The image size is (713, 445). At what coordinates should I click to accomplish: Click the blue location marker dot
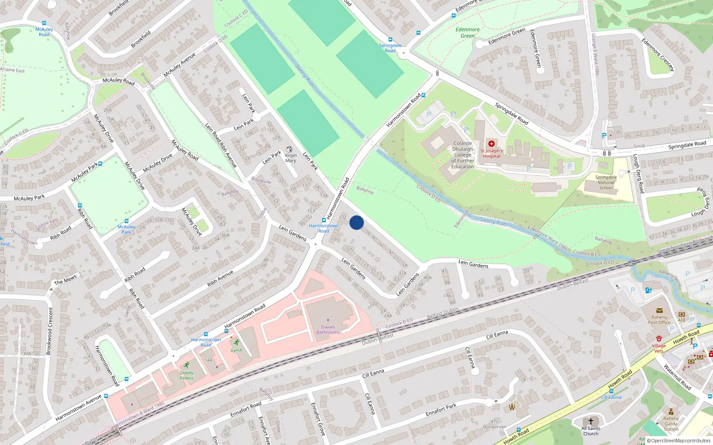tap(356, 223)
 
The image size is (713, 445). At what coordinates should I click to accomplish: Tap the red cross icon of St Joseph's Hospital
tap(492, 144)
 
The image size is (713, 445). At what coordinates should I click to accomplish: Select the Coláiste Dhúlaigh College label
tap(463, 155)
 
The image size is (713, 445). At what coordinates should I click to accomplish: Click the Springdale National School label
tap(606, 182)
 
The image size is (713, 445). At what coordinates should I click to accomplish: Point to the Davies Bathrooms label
tap(328, 330)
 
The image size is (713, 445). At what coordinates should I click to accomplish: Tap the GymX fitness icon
tap(236, 343)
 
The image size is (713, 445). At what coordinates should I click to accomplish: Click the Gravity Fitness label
tap(186, 376)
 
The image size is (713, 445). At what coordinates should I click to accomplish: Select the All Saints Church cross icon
tap(591, 421)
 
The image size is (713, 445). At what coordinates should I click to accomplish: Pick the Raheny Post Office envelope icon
tap(659, 311)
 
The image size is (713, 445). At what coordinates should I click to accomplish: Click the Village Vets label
tap(659, 348)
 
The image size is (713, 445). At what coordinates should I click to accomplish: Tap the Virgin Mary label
tap(291, 158)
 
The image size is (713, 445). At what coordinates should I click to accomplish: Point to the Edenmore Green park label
tap(467, 32)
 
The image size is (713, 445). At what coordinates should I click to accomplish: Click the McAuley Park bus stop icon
tap(127, 221)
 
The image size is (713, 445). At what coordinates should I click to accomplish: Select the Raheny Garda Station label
tap(671, 424)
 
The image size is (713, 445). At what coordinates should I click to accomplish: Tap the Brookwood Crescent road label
tap(50, 331)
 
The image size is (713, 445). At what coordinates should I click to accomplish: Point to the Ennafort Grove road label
tap(318, 418)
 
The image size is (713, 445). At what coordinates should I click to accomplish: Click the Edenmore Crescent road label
tap(658, 55)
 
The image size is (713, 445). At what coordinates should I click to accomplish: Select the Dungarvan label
tap(495, 426)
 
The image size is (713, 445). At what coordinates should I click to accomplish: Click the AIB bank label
tap(681, 320)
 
